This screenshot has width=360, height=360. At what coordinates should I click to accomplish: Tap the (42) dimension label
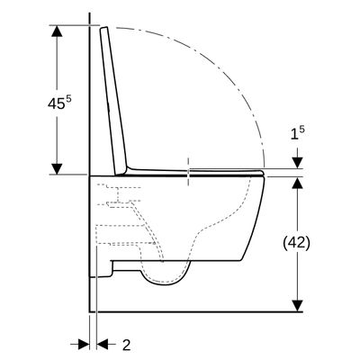click(x=296, y=243)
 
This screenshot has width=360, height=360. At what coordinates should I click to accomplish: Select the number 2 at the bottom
click(x=127, y=346)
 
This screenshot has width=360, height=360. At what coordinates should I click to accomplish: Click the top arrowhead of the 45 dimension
click(x=57, y=31)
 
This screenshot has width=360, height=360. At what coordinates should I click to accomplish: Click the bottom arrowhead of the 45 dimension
click(x=57, y=168)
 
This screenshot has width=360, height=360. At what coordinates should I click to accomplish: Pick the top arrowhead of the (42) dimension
click(x=297, y=182)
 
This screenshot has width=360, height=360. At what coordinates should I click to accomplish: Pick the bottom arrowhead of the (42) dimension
click(x=297, y=306)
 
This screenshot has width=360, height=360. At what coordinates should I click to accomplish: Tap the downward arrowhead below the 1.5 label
click(x=297, y=163)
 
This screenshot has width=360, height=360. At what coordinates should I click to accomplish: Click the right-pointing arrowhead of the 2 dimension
click(x=84, y=344)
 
